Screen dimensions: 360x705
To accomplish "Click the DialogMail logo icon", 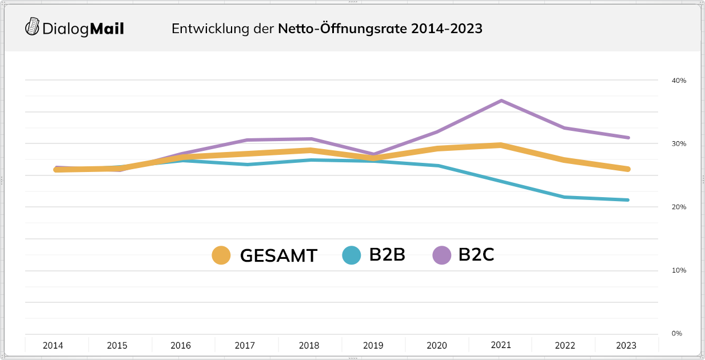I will point(33,27).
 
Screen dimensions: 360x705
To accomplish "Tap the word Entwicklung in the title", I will point(210,29).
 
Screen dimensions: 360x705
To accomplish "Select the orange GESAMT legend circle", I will point(221,255).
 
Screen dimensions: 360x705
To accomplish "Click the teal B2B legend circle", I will point(352,255).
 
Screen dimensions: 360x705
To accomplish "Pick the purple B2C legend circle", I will point(442,255).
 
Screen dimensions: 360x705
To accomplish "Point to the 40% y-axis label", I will point(678,81).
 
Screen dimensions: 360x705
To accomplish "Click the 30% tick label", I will point(678,143).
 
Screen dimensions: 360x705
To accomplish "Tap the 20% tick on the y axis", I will point(678,207).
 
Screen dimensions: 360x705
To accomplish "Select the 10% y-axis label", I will point(678,270).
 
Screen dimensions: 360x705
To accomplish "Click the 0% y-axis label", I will point(676,333).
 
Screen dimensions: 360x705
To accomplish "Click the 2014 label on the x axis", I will point(53,346).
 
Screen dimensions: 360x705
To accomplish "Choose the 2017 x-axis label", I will point(245,346).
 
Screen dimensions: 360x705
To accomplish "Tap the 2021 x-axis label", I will point(501,345).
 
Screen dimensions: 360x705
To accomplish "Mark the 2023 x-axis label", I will point(626,346).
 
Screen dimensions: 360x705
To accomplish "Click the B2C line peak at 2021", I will point(501,101).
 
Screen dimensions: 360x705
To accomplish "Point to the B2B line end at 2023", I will point(627,200).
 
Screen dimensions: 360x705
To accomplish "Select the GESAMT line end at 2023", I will point(627,169).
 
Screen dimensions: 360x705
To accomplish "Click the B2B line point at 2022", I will point(564,197).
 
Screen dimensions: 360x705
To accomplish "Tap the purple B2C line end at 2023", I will point(627,138).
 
